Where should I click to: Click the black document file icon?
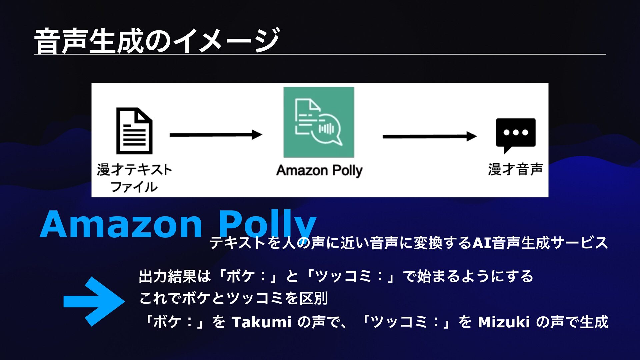click(x=134, y=131)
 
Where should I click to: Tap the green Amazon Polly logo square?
click(x=319, y=122)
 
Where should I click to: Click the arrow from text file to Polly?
click(x=216, y=135)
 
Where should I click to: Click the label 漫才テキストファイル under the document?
click(x=134, y=178)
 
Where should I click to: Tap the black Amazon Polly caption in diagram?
click(x=319, y=171)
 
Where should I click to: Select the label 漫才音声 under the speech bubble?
click(x=515, y=169)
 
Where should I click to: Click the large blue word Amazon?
click(x=121, y=224)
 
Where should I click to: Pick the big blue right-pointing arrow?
click(x=94, y=301)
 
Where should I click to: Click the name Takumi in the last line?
click(x=261, y=322)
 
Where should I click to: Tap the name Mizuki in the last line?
click(x=504, y=322)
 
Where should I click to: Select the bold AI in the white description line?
click(x=482, y=243)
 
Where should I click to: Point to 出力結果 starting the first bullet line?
click(x=167, y=276)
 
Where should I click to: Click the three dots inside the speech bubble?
click(x=516, y=132)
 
